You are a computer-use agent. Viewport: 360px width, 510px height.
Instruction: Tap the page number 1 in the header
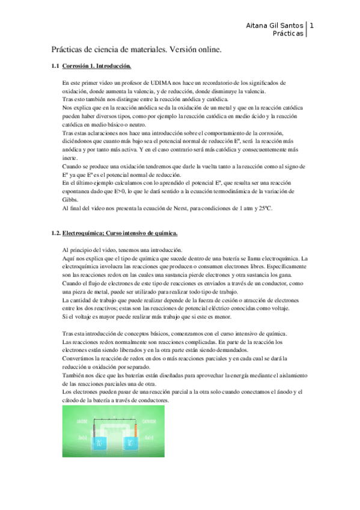point(312,26)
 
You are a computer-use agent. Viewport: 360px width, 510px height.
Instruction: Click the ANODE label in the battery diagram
point(83,421)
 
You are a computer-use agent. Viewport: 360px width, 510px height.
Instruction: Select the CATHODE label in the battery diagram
point(150,421)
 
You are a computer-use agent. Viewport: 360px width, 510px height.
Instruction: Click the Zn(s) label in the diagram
point(82,437)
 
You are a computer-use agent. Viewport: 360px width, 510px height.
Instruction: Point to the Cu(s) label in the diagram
point(149,437)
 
